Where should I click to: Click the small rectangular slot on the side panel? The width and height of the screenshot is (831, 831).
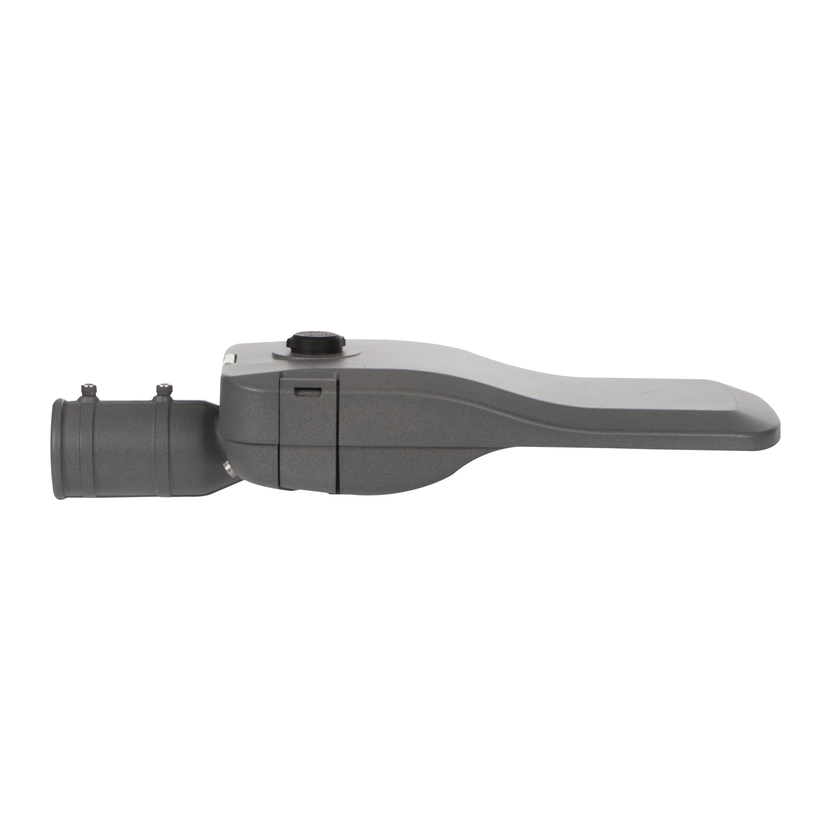307,391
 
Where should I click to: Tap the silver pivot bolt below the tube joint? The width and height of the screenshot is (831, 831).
229,467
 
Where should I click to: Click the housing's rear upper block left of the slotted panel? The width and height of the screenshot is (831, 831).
249,404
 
